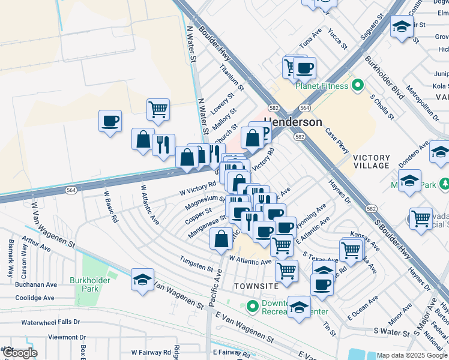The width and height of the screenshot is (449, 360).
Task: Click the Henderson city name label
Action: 294,122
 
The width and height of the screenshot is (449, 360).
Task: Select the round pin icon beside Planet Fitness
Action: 358,85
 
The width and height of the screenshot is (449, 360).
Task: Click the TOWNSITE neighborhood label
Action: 256,286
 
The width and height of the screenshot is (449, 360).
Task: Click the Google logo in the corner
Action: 19,353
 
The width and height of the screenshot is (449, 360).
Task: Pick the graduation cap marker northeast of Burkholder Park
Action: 143,280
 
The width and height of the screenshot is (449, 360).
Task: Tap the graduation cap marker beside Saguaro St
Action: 402,26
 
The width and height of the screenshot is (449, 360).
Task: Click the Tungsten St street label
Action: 197,263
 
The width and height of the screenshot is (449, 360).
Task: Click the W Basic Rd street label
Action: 110,206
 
